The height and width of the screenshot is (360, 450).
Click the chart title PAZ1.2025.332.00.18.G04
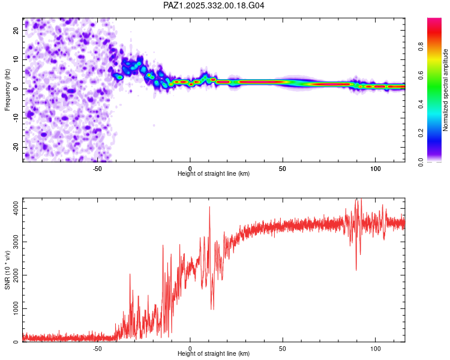click(214, 5)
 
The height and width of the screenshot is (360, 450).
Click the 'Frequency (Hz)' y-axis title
click(8, 89)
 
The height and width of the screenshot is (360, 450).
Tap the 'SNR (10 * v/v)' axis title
click(8, 269)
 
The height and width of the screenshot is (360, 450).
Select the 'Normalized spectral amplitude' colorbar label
click(446, 90)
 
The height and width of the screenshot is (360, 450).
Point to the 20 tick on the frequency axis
click(16, 30)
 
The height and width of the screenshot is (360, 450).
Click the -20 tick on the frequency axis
click(16, 147)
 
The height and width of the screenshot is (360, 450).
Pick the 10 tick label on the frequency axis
click(16, 59)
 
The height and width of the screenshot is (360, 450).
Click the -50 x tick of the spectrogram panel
click(97, 168)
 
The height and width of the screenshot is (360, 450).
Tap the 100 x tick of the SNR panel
click(375, 348)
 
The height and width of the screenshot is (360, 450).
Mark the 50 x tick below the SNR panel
click(283, 348)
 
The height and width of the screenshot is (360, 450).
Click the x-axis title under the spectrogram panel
click(214, 174)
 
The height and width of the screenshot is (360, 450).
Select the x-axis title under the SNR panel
click(214, 354)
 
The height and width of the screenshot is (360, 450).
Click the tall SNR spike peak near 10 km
click(209, 207)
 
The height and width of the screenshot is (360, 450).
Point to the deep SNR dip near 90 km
click(356, 269)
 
